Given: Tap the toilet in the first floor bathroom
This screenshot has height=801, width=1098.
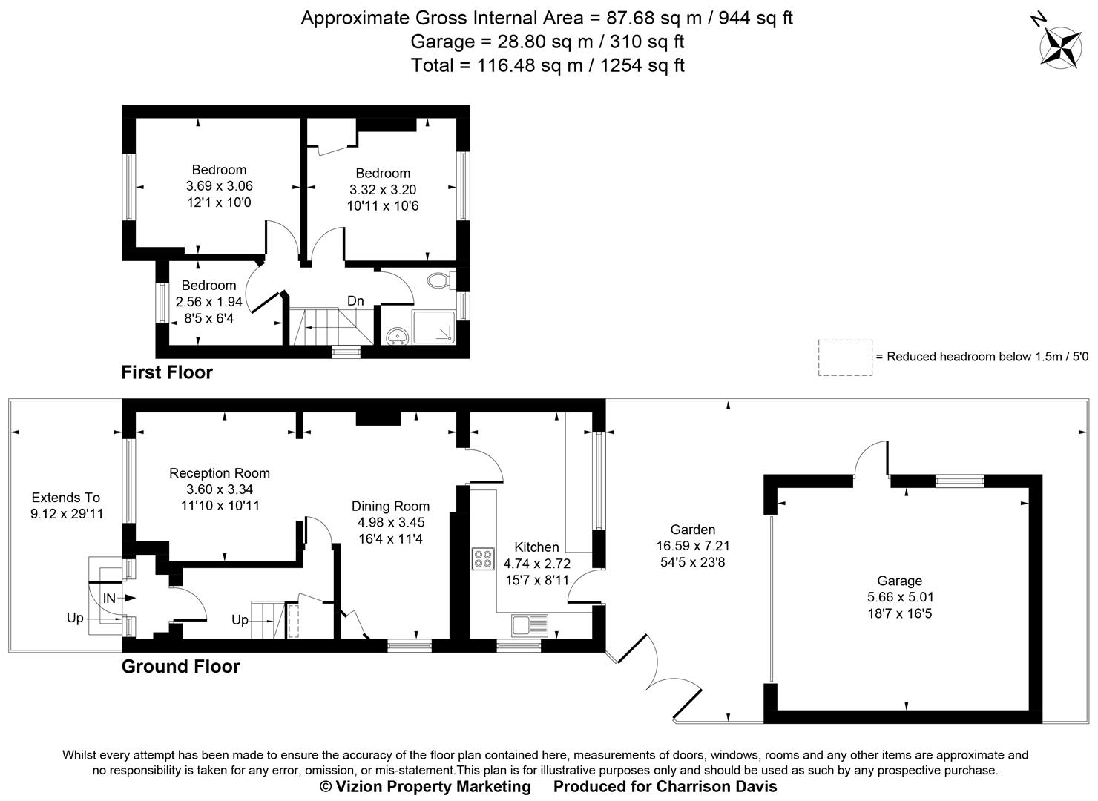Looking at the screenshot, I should coord(440,281).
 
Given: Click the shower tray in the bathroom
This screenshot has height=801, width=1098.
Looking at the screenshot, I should coord(432,327).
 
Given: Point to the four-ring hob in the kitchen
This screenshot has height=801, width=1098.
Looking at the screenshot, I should coord(483,558).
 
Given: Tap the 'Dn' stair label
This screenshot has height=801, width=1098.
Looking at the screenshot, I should coord(355,300).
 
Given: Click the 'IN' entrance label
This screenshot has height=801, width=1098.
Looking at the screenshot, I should coord(109,598).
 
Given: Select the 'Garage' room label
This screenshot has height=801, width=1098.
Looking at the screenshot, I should coord(899,581).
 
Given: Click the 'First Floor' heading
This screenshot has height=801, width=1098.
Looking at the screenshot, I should coord(167,372).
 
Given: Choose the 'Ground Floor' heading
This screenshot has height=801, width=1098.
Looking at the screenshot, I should coord(180,666).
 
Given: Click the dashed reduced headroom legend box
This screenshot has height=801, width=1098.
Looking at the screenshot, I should coord(844,357).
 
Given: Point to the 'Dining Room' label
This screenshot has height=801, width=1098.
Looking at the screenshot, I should coord(390,506).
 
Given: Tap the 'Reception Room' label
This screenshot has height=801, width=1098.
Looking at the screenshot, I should coord(219,473).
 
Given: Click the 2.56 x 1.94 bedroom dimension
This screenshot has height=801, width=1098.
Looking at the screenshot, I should coord(208,302).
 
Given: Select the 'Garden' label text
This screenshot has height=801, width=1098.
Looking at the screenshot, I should coord(692,530).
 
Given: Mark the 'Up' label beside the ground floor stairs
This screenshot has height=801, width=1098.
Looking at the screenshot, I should coord(240,619).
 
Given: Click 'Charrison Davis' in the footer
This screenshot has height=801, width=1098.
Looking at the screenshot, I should coord(717,786).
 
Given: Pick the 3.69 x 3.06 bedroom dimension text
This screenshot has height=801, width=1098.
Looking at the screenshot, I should coord(219,186).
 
